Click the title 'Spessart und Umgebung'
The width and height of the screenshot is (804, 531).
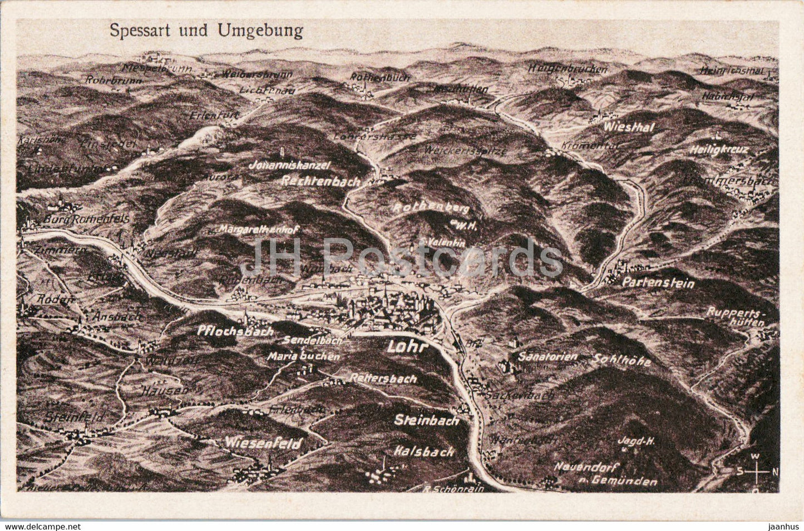point(206,31)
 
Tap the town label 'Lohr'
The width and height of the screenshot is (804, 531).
point(406,347)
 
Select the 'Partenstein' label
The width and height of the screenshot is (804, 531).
point(658,283)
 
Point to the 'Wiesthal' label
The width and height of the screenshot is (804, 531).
point(629,127)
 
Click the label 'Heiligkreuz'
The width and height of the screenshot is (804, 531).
point(719,150)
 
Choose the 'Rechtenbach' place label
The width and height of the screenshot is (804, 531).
point(321,181)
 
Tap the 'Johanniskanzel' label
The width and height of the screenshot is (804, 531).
point(289,165)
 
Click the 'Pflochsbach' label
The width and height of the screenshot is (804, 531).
point(235,330)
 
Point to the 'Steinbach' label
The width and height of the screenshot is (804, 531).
point(427,420)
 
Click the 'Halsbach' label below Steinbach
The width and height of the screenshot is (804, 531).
point(424,451)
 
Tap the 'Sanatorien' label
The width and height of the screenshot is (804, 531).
point(547,356)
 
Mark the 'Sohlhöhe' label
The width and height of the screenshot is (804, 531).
point(622,360)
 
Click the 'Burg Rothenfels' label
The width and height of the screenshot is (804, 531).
point(86,219)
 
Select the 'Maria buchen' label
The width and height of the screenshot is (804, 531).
point(303,356)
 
